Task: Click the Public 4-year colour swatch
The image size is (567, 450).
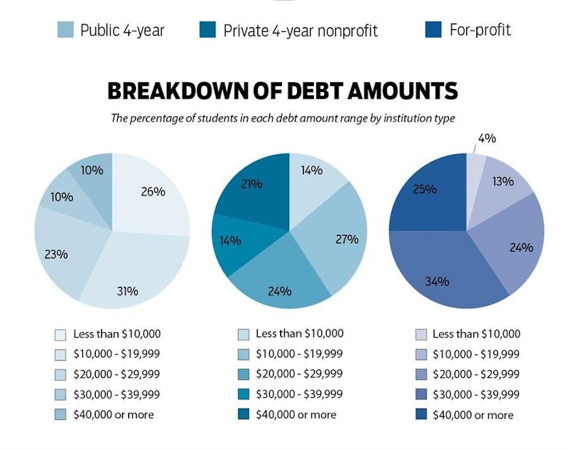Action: point(65,30)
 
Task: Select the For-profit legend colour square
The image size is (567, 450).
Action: point(433,30)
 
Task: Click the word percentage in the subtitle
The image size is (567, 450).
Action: point(158,118)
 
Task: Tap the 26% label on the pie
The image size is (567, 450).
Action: point(153,192)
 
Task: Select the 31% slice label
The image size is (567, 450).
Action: point(127,291)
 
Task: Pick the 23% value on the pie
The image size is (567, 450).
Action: point(56,254)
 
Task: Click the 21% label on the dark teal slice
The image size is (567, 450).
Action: point(251,184)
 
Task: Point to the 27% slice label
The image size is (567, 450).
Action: point(346,239)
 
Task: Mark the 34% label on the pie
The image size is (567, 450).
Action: point(437,281)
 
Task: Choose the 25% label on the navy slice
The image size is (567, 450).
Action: point(425,189)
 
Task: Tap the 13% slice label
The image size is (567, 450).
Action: point(502,182)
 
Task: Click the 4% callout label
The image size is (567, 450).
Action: point(487,138)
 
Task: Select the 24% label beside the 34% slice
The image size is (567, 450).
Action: point(521,247)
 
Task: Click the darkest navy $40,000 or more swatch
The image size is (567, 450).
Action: point(420,415)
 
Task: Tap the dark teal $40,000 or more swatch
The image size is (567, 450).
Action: point(243,414)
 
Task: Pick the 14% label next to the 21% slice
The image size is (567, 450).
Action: point(230,241)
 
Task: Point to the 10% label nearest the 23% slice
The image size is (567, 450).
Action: point(61,197)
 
